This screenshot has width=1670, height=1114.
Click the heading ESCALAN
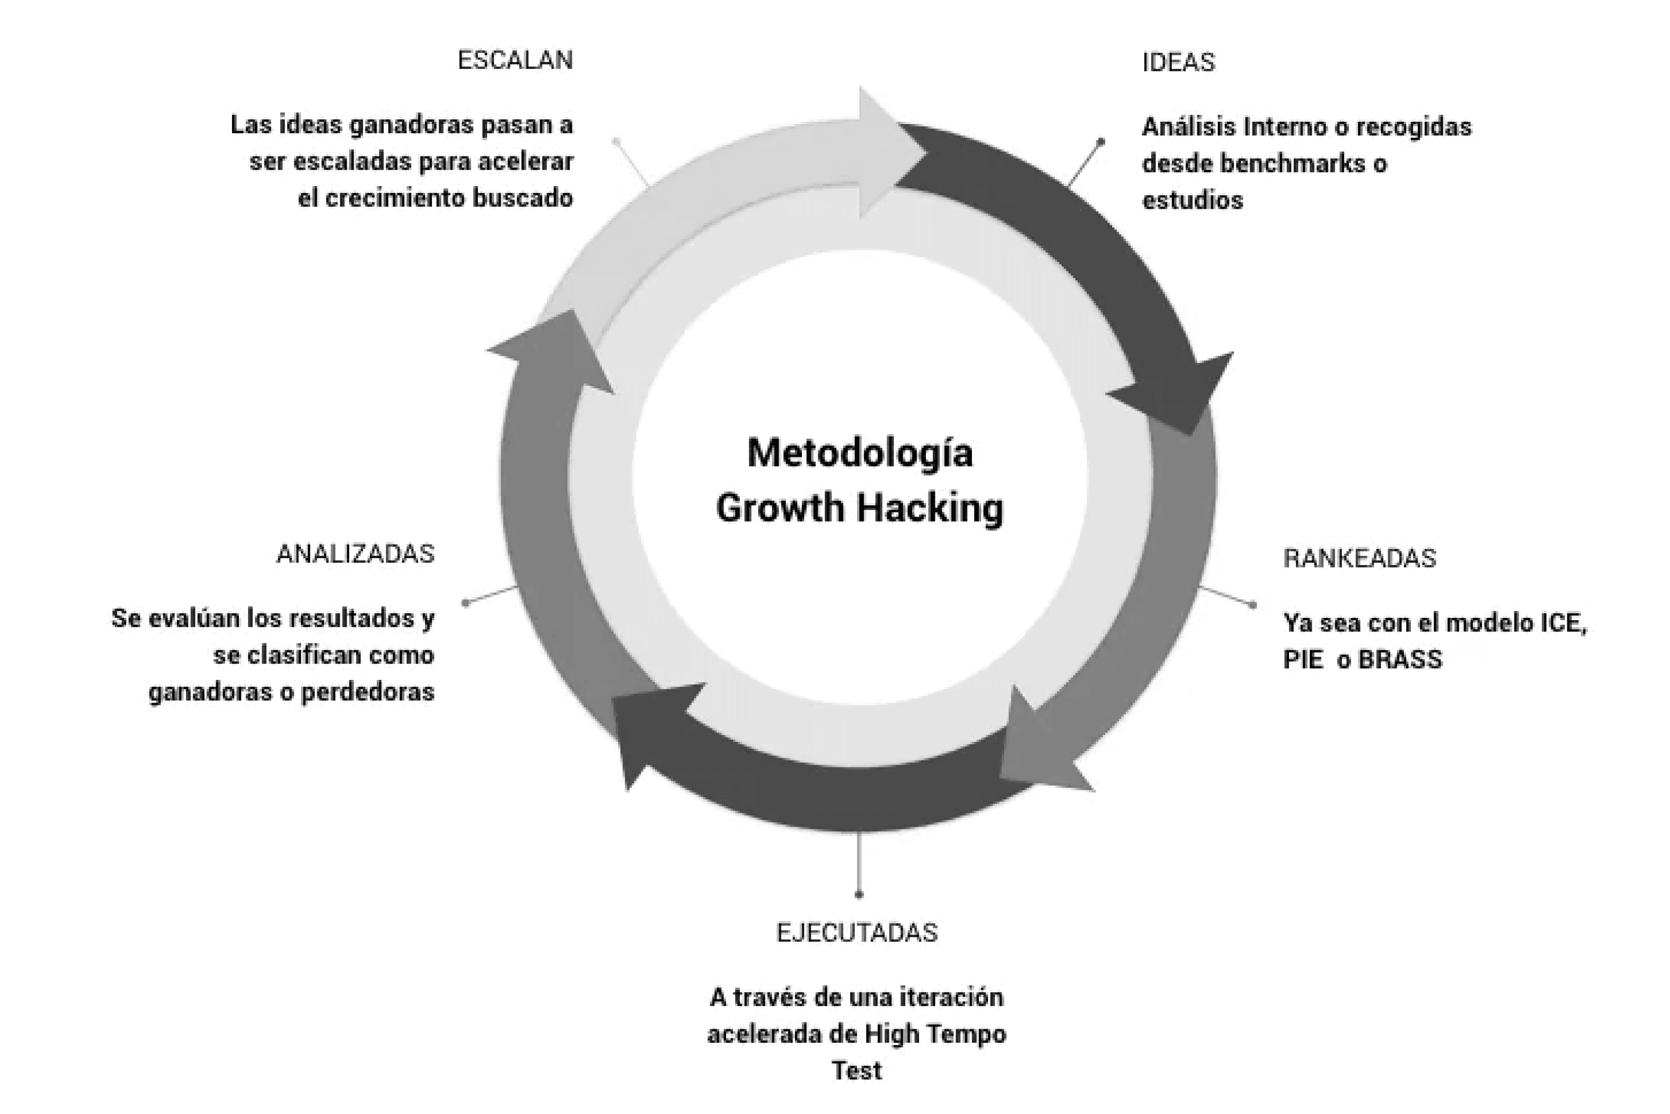click(x=515, y=60)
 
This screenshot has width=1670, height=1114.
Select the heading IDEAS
click(x=1178, y=63)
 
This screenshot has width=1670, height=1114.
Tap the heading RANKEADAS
click(x=1359, y=558)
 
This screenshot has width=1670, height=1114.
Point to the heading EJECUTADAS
click(x=857, y=932)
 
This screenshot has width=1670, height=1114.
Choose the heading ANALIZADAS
click(x=355, y=554)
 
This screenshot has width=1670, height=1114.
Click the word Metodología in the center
click(x=860, y=453)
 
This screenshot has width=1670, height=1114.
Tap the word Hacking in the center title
click(x=930, y=508)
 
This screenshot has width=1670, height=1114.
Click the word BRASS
click(x=1401, y=660)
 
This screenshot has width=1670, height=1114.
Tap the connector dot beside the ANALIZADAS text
click(x=466, y=603)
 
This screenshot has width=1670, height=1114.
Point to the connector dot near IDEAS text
click(x=1101, y=142)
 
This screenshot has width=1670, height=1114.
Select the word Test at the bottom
click(x=857, y=1071)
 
